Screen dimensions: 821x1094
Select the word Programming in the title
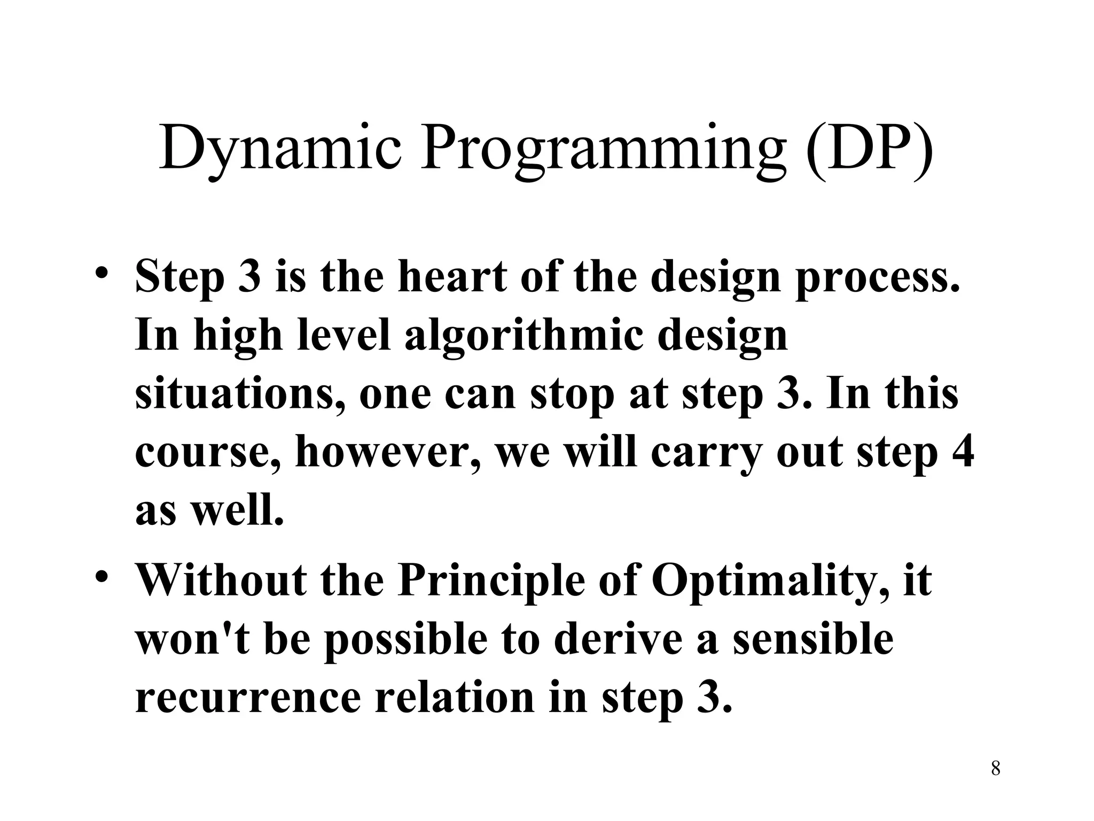pos(604,148)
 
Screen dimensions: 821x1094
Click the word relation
pos(454,698)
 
